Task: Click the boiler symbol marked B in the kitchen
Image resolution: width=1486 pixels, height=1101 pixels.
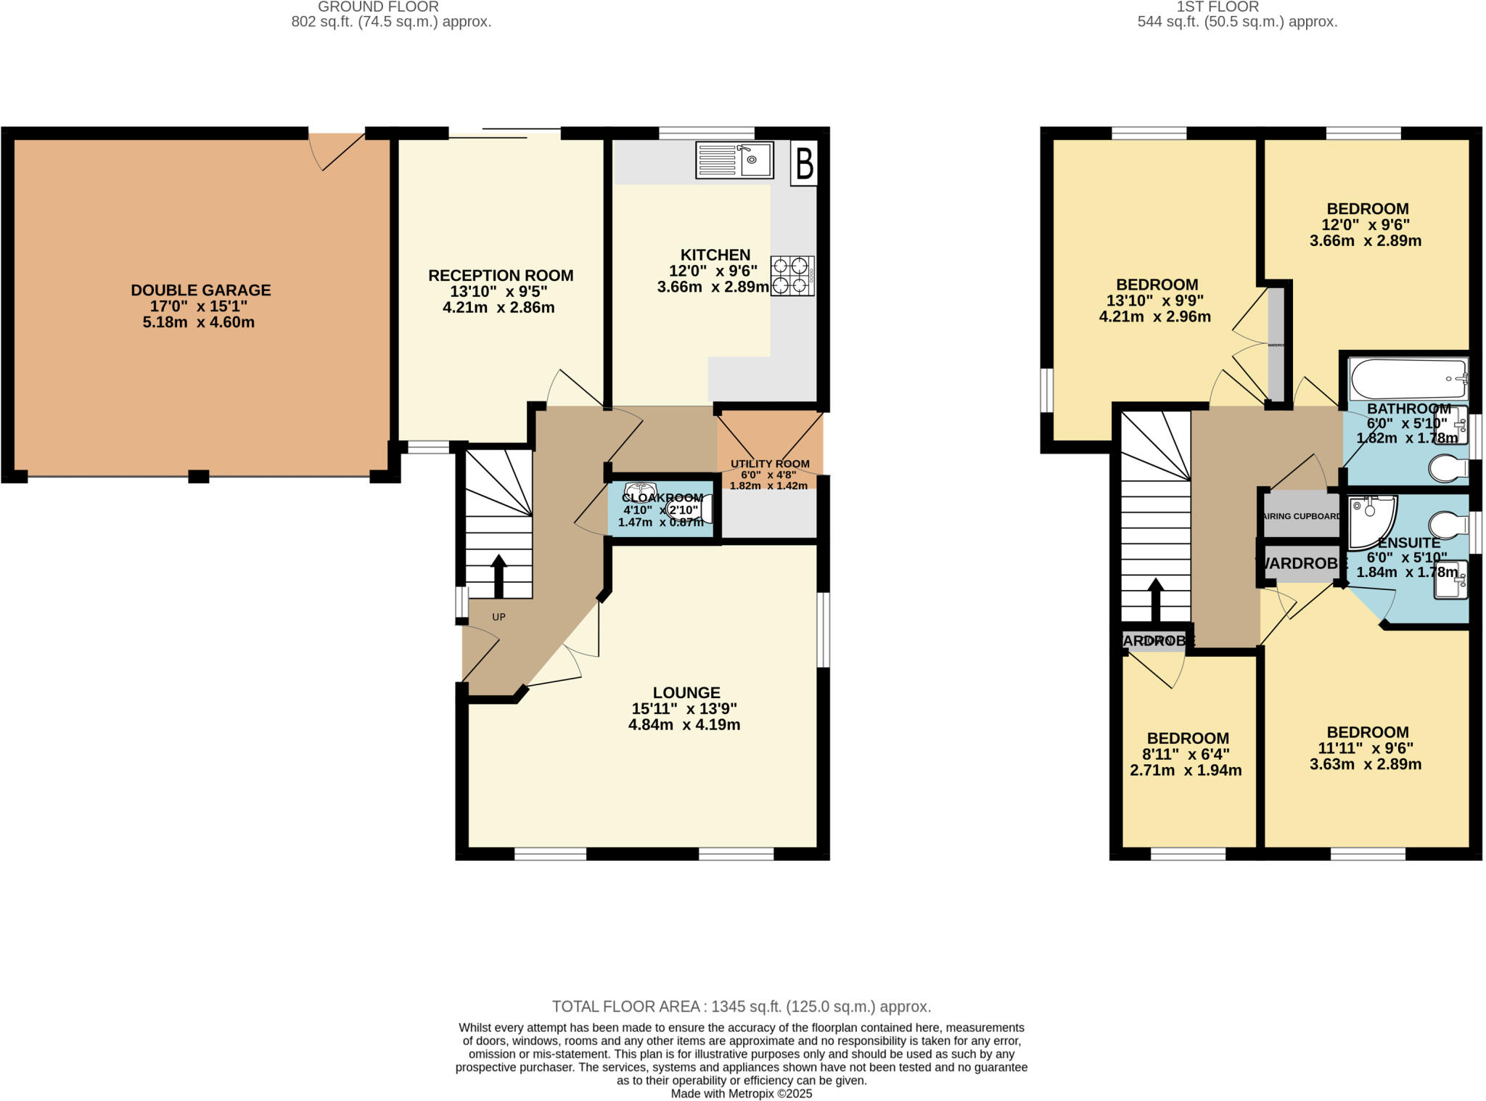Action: coord(804,163)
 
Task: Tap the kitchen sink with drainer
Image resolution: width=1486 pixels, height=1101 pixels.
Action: coord(734,160)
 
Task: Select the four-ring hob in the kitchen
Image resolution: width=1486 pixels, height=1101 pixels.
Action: coord(792,276)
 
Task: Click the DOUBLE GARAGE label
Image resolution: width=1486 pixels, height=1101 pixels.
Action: coord(201,290)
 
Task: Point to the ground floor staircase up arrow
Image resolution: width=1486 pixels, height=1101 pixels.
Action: coord(498,576)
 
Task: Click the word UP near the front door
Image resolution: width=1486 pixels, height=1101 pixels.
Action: coord(498,617)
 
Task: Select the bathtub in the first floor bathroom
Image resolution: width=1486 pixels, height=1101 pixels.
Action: coord(1408,378)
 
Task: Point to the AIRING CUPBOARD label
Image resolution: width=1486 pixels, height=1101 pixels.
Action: coord(1302,516)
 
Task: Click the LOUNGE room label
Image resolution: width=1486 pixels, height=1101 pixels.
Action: coord(686,692)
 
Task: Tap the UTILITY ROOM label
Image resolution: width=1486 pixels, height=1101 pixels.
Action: coord(770,464)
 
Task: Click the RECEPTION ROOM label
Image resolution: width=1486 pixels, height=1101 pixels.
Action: coord(501,276)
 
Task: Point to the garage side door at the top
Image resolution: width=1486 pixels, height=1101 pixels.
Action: coord(337,150)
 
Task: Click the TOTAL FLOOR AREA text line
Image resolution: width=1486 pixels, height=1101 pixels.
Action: coord(742,1007)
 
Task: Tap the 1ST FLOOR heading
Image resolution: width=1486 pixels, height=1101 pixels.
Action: coord(1238,7)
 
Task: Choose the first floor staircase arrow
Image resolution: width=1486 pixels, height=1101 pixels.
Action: coord(1156,599)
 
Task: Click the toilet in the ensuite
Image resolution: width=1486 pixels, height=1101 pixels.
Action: coord(1447,524)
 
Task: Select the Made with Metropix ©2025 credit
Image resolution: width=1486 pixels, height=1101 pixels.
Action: coord(742,1094)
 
